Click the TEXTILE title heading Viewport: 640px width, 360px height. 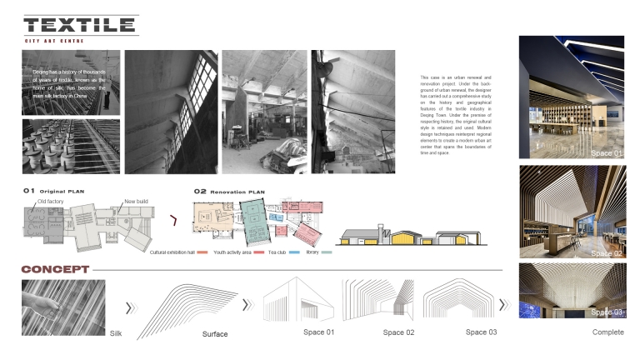[x=80, y=26]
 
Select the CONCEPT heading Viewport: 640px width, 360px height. [x=55, y=269]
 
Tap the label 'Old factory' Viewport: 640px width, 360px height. [x=51, y=201]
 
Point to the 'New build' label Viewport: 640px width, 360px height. [x=136, y=201]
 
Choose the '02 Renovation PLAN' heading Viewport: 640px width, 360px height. [x=229, y=191]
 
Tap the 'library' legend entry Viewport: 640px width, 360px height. [x=314, y=251]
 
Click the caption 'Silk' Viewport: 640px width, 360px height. [x=117, y=333]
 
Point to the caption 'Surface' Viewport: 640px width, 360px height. [x=215, y=334]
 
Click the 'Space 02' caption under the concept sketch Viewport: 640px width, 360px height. [x=398, y=332]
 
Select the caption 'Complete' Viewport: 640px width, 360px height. [x=607, y=332]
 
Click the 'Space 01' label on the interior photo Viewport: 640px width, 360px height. [x=606, y=153]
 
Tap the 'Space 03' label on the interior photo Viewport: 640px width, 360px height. [x=606, y=312]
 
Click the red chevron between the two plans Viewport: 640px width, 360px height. [x=173, y=221]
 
